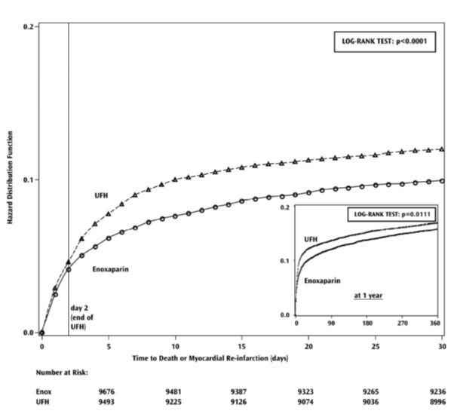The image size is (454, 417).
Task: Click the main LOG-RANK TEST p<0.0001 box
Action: [x=384, y=42]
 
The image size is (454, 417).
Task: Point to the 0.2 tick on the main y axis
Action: [x=27, y=26]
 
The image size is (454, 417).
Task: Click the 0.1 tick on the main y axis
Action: [x=27, y=179]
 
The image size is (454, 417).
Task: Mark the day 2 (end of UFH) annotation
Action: [x=84, y=317]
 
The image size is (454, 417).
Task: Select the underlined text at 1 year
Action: [x=368, y=296]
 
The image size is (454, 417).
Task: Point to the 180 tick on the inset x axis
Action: [x=367, y=323]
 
